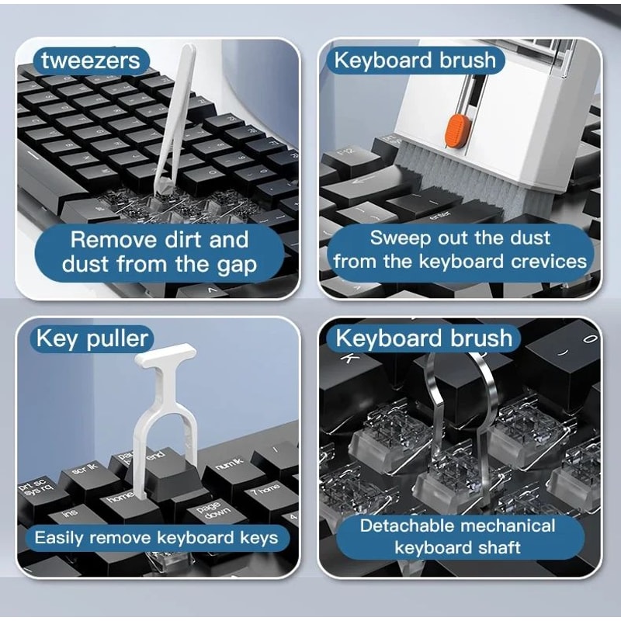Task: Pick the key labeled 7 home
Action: (x=264, y=488)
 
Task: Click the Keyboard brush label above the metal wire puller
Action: (x=424, y=338)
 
